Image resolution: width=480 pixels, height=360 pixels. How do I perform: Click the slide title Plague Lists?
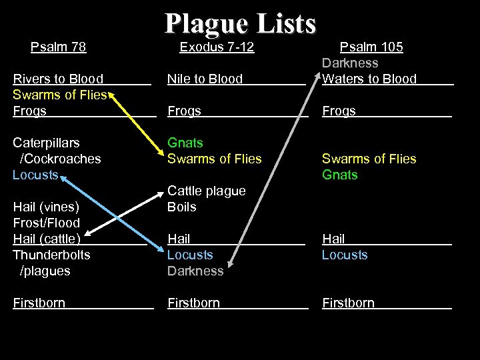point(240,23)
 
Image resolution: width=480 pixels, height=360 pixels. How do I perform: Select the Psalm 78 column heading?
point(59,47)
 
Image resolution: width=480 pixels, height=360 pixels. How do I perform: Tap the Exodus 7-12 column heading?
point(217,47)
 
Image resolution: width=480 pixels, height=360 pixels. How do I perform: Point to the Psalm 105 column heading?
point(371,47)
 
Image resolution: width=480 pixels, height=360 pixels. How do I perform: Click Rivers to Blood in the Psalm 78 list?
point(58,79)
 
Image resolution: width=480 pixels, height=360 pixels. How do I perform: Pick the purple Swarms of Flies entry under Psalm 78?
point(60,95)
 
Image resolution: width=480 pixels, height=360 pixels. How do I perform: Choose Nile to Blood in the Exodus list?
point(205,79)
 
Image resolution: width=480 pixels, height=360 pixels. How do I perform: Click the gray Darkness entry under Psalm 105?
point(350,63)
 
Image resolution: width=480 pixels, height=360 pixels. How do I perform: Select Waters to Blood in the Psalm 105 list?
point(369,79)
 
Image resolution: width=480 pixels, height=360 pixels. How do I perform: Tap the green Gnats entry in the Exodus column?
point(185,143)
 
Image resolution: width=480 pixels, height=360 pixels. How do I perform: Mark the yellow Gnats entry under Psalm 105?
point(340,175)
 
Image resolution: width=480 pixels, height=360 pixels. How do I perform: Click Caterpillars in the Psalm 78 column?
point(46,143)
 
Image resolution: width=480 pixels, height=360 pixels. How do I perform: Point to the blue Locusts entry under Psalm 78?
point(35,175)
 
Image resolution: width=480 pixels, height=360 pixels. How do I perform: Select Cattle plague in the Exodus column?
point(206,191)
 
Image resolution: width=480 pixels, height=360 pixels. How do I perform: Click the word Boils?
point(182,207)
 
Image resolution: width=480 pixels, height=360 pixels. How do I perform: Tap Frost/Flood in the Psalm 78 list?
point(46,223)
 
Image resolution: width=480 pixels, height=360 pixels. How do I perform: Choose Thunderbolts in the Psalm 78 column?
point(51,255)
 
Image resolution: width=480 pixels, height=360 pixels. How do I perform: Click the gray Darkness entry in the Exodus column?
point(195,271)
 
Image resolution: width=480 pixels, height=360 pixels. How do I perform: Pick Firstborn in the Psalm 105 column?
point(349,303)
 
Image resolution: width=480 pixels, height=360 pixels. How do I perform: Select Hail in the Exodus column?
point(179,239)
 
